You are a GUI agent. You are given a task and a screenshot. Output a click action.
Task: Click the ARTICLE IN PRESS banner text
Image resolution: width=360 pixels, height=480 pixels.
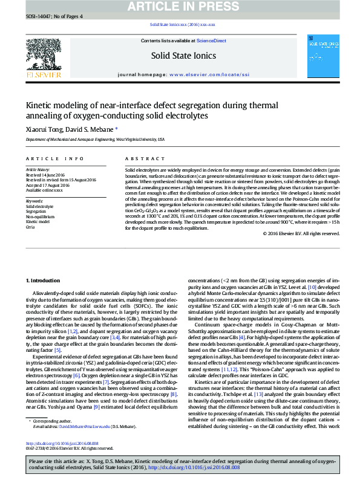point(180,7)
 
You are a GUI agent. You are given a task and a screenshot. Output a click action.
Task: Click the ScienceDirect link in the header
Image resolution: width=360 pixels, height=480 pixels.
point(212,41)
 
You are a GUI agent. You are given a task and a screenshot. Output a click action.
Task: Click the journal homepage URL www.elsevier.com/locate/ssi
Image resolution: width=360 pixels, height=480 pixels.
point(209,74)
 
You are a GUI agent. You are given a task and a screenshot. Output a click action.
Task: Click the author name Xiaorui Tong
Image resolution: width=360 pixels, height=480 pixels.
point(43,129)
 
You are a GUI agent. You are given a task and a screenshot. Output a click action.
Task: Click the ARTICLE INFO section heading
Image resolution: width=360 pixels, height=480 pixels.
point(54,158)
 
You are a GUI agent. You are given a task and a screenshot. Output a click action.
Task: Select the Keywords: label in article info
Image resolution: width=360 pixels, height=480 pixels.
point(34,200)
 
